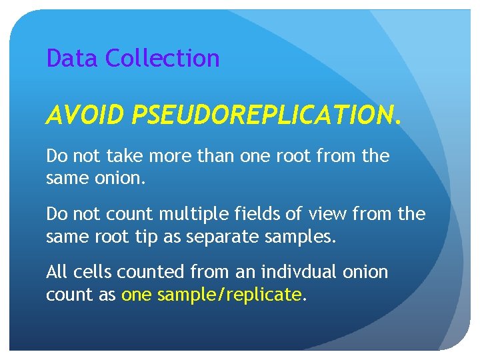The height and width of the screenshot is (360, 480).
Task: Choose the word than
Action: point(219,157)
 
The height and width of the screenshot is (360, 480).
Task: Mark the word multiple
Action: point(187,214)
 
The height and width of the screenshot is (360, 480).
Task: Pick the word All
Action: point(57,272)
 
